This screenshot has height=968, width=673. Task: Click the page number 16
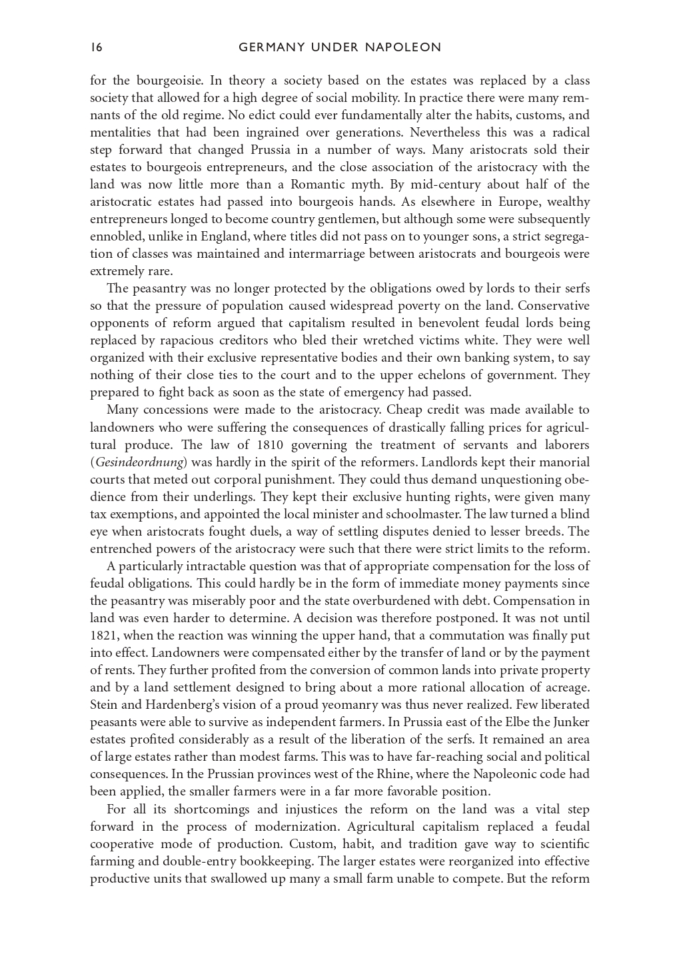coord(96,47)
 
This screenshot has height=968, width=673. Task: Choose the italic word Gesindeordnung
coord(139,462)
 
